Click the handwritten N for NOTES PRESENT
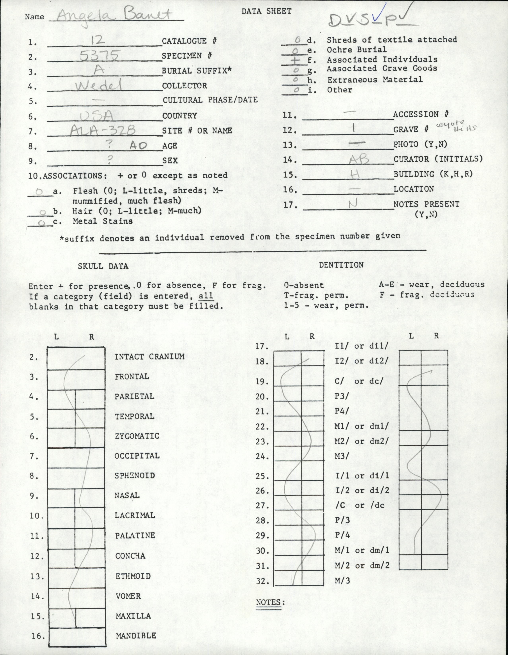[x=353, y=204]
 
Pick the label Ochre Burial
[x=357, y=49]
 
